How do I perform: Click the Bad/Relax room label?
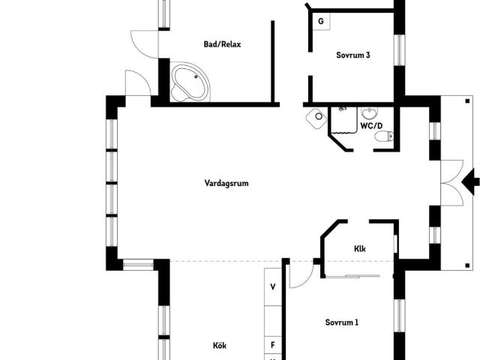click(x=222, y=44)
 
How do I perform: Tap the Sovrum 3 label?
click(x=353, y=55)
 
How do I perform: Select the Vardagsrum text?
click(x=226, y=183)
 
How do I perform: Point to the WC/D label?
click(x=371, y=126)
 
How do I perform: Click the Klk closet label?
click(x=360, y=248)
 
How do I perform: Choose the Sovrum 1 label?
click(x=342, y=322)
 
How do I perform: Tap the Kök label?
click(x=220, y=346)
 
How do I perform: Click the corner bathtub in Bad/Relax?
click(x=190, y=82)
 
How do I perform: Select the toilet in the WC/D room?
click(x=384, y=136)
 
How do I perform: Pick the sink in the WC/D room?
click(x=370, y=113)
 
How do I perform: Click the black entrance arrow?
click(x=470, y=181)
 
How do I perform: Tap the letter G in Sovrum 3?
click(x=321, y=22)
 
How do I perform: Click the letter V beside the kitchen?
click(x=273, y=286)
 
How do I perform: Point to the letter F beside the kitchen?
click(x=273, y=345)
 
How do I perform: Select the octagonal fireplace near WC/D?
click(x=316, y=118)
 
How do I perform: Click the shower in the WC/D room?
click(x=343, y=120)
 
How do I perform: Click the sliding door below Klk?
click(x=352, y=277)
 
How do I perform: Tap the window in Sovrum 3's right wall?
click(x=399, y=50)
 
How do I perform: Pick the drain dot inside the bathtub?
click(x=196, y=76)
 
